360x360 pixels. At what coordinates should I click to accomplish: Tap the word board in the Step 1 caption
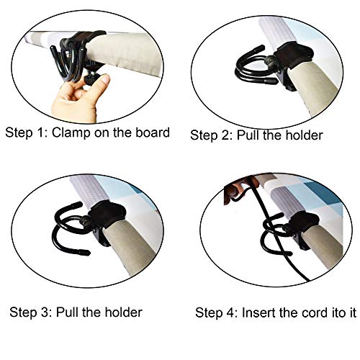(x=153, y=132)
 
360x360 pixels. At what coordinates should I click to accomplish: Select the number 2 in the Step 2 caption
(x=226, y=135)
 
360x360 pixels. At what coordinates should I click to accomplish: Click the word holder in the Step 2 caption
(x=304, y=135)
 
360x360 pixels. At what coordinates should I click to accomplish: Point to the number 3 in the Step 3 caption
(x=45, y=312)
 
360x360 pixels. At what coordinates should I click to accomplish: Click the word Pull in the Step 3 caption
(x=67, y=312)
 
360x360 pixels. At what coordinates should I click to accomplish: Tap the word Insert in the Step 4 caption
(x=258, y=312)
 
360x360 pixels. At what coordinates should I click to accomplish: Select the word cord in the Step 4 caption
(x=315, y=312)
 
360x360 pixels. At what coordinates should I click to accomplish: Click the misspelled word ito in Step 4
(x=338, y=312)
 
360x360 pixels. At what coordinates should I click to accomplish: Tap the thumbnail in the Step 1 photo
(x=105, y=79)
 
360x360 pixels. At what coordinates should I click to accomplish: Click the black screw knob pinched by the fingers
(x=93, y=79)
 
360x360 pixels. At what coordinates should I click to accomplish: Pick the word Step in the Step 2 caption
(x=204, y=136)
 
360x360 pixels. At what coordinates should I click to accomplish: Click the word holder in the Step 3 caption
(x=123, y=312)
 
